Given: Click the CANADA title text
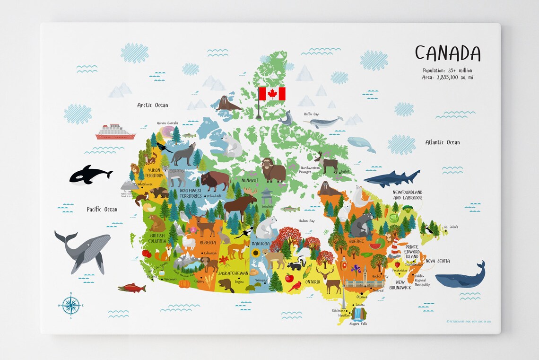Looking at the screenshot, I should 447,53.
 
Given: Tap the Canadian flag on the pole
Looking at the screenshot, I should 272,94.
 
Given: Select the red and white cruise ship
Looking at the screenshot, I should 115,132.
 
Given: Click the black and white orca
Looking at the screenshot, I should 90,175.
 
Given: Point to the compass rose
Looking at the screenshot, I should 70,305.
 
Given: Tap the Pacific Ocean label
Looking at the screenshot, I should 102,209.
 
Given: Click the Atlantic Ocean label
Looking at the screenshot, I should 442,142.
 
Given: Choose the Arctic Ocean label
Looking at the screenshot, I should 152,105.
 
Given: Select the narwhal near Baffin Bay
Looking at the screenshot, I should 325,122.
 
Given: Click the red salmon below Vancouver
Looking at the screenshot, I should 131,288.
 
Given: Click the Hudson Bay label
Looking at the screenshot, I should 306,221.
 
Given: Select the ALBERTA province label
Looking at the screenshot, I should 208,242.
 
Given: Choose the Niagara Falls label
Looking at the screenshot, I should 357,324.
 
